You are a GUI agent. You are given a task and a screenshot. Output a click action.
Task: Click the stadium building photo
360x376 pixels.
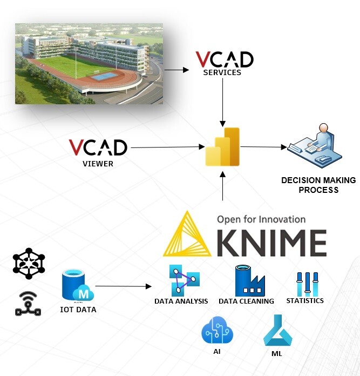[89, 63]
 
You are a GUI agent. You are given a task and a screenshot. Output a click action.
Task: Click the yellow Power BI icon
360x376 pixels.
[222, 147]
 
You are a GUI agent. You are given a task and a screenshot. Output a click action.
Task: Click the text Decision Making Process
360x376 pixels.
[318, 185]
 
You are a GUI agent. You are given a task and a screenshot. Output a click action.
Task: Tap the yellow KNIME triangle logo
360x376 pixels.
[188, 233]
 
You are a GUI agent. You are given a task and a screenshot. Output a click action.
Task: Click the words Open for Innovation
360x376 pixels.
[261, 219]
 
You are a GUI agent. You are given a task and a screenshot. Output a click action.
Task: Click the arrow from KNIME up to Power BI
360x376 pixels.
[222, 186]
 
